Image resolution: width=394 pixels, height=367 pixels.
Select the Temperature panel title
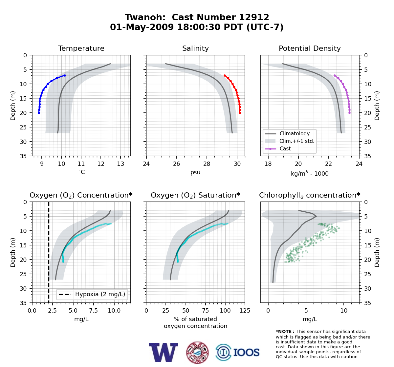pos(81,48)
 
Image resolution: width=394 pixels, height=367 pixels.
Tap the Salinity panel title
pos(196,48)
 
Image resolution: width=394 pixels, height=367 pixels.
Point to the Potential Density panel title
pos(310,48)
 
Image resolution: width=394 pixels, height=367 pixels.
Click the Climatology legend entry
pos(287,134)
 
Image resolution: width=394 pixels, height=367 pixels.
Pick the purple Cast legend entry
pos(278,149)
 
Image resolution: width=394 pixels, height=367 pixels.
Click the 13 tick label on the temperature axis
pos(120,164)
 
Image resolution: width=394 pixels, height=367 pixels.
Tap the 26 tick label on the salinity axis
pos(176,164)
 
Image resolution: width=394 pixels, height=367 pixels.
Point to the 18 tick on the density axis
pos(268,164)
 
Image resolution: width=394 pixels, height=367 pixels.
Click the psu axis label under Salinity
pos(195,172)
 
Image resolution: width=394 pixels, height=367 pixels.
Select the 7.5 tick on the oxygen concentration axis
pos(94,311)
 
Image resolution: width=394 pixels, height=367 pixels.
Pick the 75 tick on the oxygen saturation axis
pos(205,311)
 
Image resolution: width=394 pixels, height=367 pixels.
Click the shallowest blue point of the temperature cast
pos(65,75)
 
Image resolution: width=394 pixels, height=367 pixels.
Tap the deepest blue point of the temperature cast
pos(39,113)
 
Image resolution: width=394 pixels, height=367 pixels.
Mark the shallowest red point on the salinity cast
pos(225,75)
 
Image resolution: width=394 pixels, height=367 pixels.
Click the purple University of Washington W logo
pos(164,352)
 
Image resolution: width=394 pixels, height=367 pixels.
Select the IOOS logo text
pos(247,353)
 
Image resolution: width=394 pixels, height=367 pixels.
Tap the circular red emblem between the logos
pos(197,353)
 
